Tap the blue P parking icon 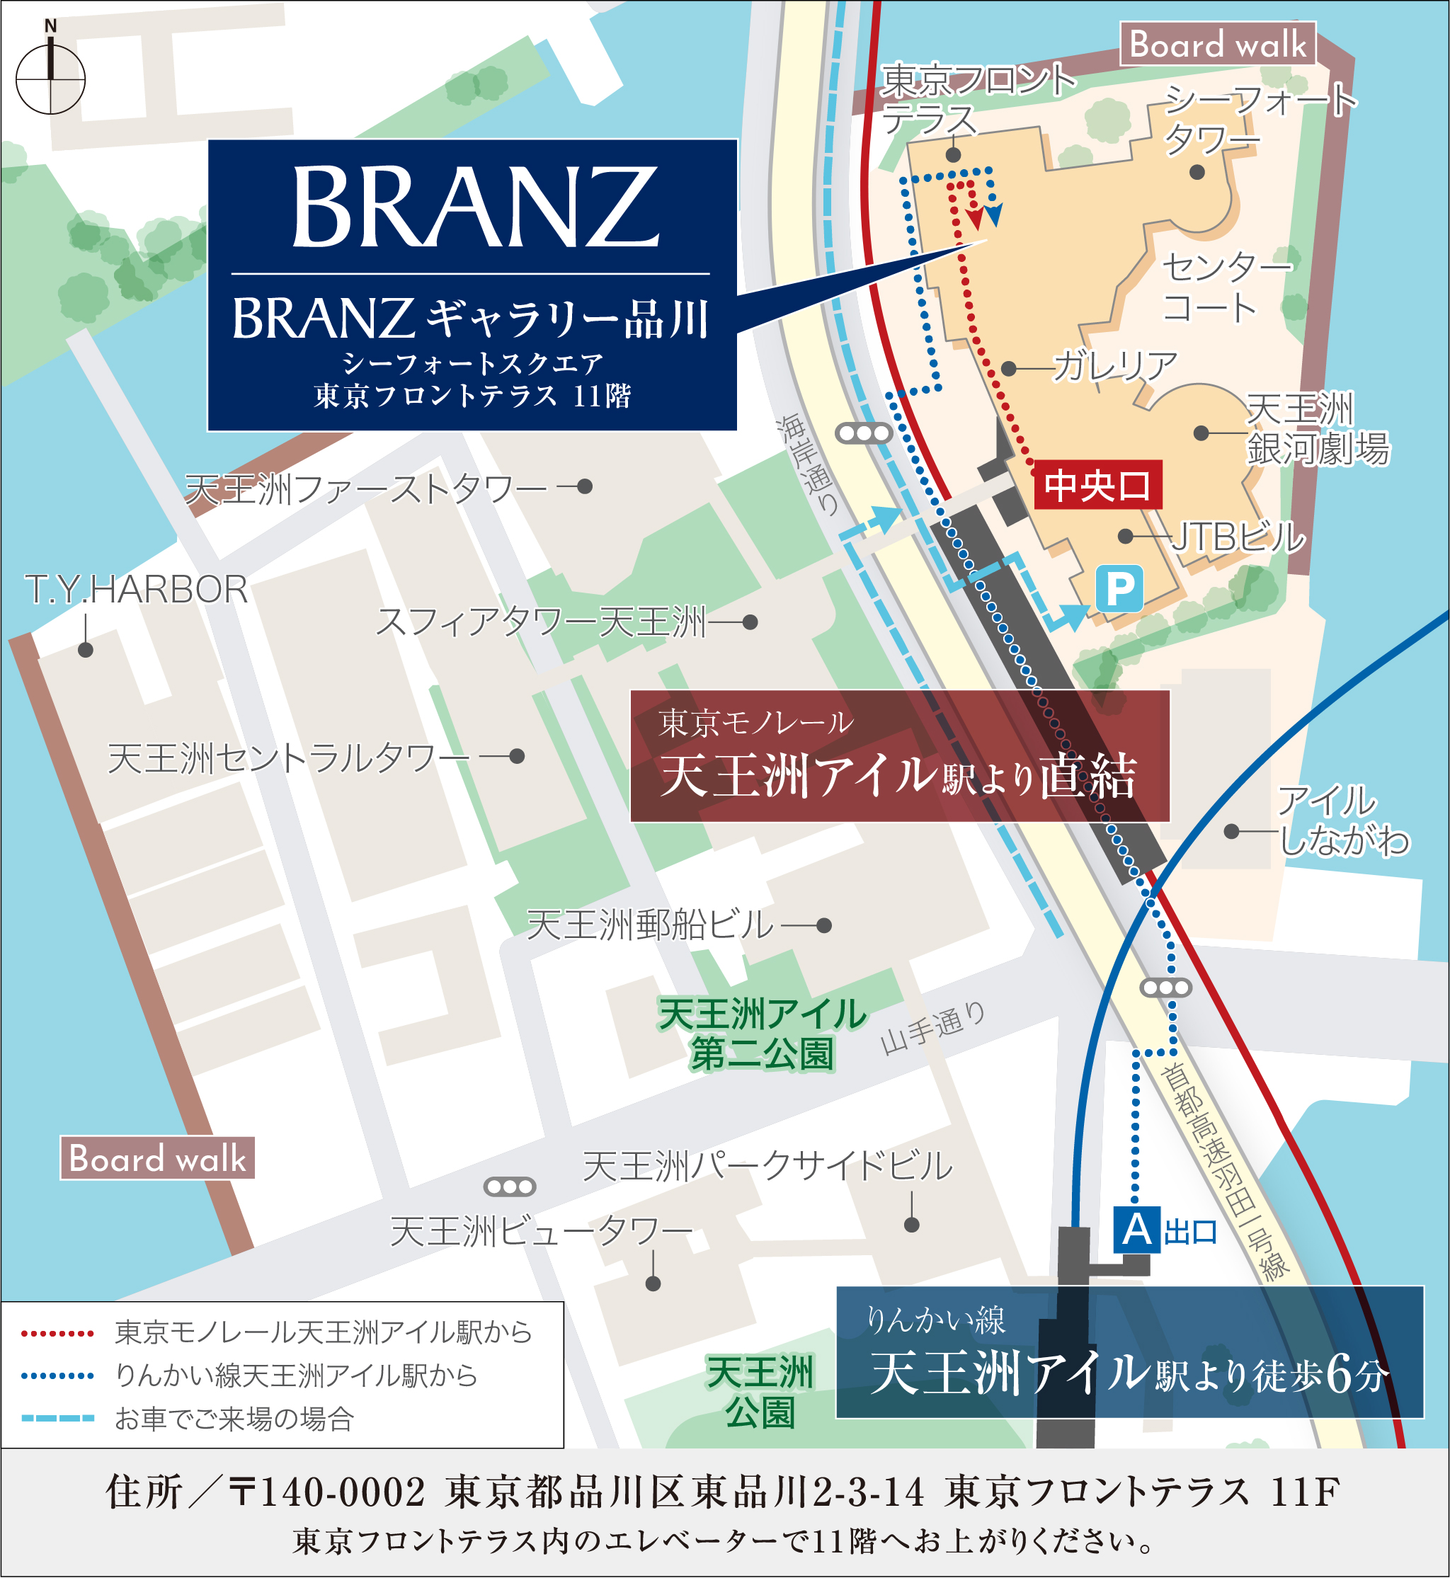click(x=1119, y=588)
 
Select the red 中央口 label click(x=1097, y=485)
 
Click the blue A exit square click(x=1136, y=1230)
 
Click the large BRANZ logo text click(x=474, y=207)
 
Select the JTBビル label click(x=1238, y=537)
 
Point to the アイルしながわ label click(x=1342, y=820)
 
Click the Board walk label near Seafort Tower click(x=1218, y=44)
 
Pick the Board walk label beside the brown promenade click(x=157, y=1158)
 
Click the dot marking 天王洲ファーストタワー click(x=585, y=486)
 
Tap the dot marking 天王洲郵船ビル click(x=824, y=926)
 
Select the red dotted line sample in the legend click(x=58, y=1333)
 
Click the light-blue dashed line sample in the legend click(x=58, y=1418)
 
